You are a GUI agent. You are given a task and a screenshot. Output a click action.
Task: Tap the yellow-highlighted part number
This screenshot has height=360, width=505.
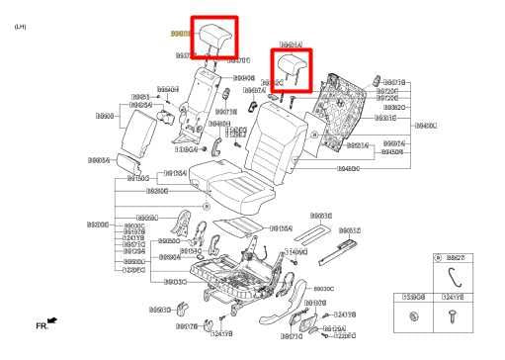point(180,34)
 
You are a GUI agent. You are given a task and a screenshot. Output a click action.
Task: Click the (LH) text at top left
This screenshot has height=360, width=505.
point(20,28)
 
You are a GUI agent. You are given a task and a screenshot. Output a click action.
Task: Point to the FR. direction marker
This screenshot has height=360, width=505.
point(45,322)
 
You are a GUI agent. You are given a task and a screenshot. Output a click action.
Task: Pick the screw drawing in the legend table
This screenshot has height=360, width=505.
point(453,316)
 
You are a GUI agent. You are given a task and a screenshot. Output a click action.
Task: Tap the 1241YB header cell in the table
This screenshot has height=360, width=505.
point(453,296)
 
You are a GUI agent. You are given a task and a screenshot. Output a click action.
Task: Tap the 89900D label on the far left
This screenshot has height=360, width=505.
point(98,225)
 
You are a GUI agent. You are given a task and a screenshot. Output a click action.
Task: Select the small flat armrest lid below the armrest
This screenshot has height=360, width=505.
point(128,161)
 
